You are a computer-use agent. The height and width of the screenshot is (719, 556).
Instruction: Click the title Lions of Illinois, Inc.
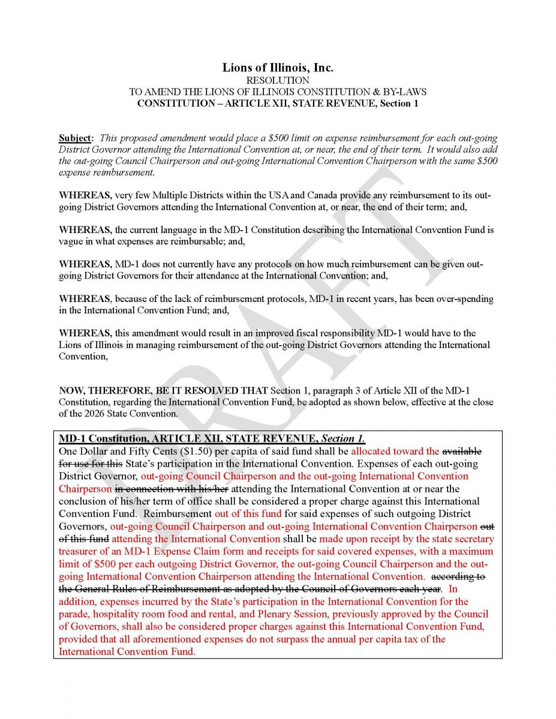[x=278, y=68]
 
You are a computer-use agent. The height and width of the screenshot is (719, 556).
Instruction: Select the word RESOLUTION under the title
[x=278, y=80]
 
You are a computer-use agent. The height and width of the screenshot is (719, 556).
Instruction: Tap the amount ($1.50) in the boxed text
[x=190, y=451]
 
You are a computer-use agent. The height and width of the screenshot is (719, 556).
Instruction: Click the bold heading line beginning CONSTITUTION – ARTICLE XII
[x=278, y=103]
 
